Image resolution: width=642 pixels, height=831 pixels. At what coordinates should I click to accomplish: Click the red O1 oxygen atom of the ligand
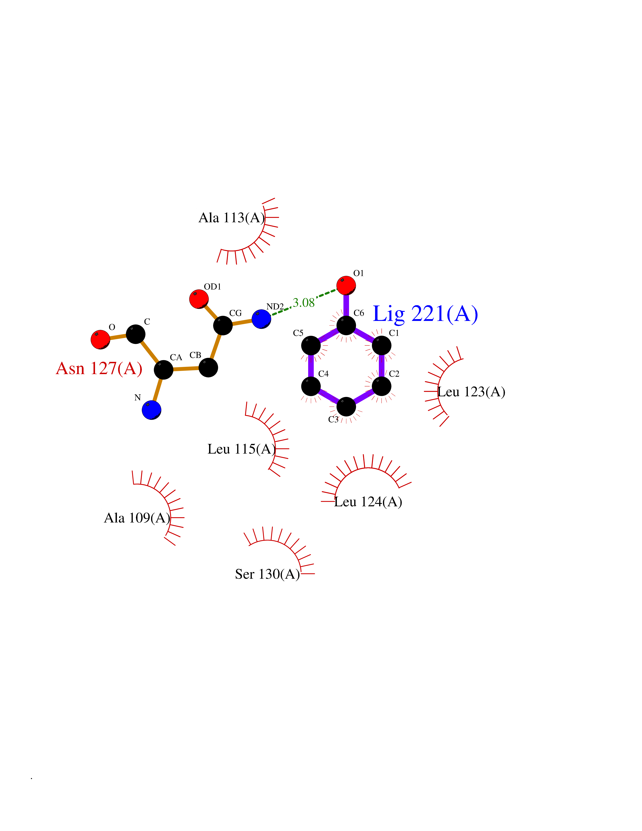coord(346,285)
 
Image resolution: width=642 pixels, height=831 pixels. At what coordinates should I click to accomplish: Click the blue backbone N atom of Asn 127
coord(151,410)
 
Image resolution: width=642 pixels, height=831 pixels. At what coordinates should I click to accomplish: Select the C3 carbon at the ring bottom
coord(346,407)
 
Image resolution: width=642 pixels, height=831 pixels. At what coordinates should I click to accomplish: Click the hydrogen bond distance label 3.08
coord(303,303)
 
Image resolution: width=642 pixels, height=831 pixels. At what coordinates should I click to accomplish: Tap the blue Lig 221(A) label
coord(425,314)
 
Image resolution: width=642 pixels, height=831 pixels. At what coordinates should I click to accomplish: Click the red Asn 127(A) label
coord(99,368)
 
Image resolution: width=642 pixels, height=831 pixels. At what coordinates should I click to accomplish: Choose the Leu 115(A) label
coord(242,449)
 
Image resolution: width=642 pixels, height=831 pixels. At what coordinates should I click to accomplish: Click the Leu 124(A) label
coord(368,502)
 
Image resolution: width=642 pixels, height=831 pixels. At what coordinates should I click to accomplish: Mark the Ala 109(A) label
coord(137,518)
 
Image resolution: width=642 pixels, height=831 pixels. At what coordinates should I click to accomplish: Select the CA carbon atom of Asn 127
coord(164,369)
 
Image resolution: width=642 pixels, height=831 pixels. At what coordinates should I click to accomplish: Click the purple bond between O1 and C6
coord(346,305)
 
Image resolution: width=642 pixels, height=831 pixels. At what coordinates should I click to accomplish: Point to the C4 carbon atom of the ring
coord(311,386)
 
